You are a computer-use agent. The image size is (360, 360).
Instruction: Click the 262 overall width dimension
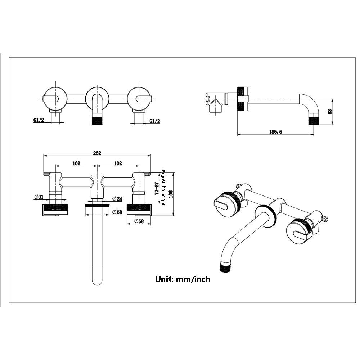click(x=97, y=153)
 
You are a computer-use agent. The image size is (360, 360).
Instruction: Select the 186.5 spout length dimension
click(x=275, y=131)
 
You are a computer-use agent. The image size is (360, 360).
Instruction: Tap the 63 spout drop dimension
click(x=330, y=112)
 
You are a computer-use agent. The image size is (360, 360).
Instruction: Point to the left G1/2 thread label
click(x=39, y=120)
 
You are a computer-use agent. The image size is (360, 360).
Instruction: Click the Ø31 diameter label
click(x=39, y=197)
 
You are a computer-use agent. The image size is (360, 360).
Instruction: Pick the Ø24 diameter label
click(x=117, y=199)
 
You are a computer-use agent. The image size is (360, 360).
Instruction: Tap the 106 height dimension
click(x=170, y=194)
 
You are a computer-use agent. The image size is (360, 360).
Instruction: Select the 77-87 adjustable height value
click(x=157, y=189)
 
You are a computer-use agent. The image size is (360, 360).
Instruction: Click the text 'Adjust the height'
click(x=163, y=188)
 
